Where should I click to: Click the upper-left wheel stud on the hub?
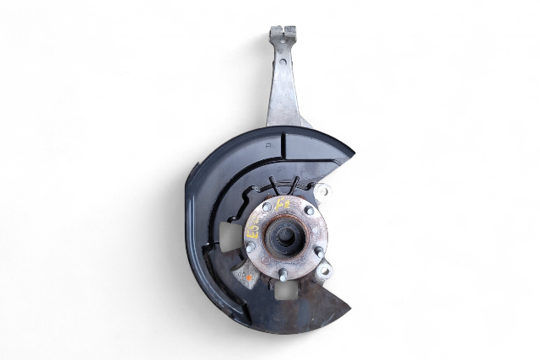pyautogui.click(x=267, y=207)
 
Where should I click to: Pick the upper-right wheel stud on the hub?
pyautogui.click(x=309, y=211)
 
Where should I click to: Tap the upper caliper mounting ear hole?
pyautogui.click(x=324, y=192)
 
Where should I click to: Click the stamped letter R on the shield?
pyautogui.click(x=267, y=145)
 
